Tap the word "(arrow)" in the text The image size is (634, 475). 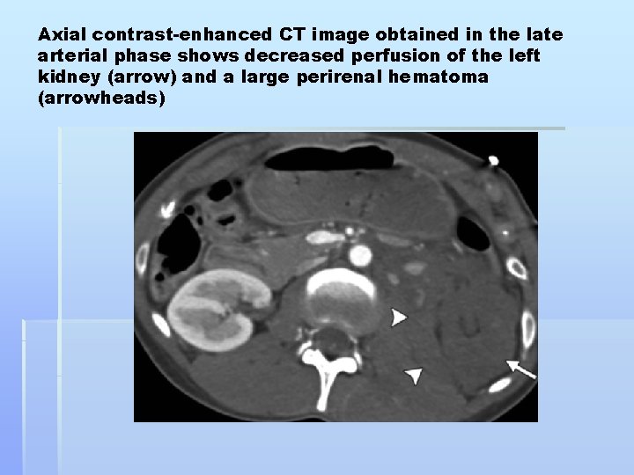[141, 77]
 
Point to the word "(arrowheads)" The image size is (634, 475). [102, 99]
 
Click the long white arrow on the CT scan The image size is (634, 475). [520, 369]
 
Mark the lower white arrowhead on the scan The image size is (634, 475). [413, 376]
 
